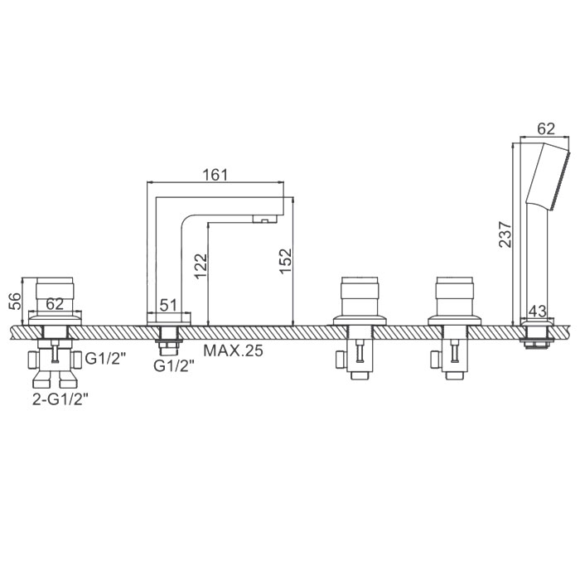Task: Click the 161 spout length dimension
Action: coord(215,175)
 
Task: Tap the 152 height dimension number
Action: coord(286,261)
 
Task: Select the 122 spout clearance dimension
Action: coord(201,266)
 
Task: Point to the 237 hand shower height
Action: coord(505,234)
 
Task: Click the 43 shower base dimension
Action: coord(537,311)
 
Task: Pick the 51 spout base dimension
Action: coord(168,306)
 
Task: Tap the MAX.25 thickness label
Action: coord(233,350)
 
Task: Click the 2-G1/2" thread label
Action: coord(61,399)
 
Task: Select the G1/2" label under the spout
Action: coord(174,366)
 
